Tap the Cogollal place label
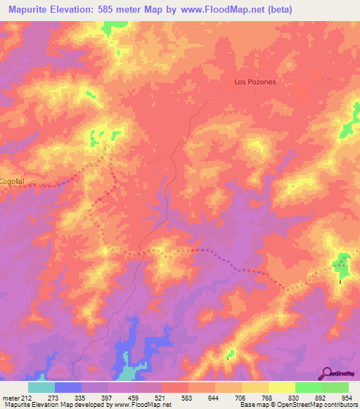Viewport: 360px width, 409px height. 13,181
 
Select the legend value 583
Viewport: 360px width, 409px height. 188,397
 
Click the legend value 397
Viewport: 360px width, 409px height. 108,397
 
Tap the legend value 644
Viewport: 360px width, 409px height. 215,397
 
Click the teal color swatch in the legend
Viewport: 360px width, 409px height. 41,387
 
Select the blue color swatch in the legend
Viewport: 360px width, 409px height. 68,387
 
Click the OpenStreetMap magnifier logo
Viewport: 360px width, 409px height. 328,373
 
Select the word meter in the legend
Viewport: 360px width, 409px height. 10,397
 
